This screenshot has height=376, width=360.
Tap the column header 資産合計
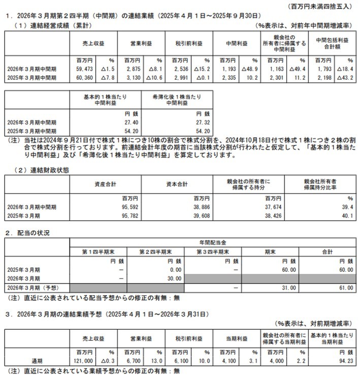point(107,183)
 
